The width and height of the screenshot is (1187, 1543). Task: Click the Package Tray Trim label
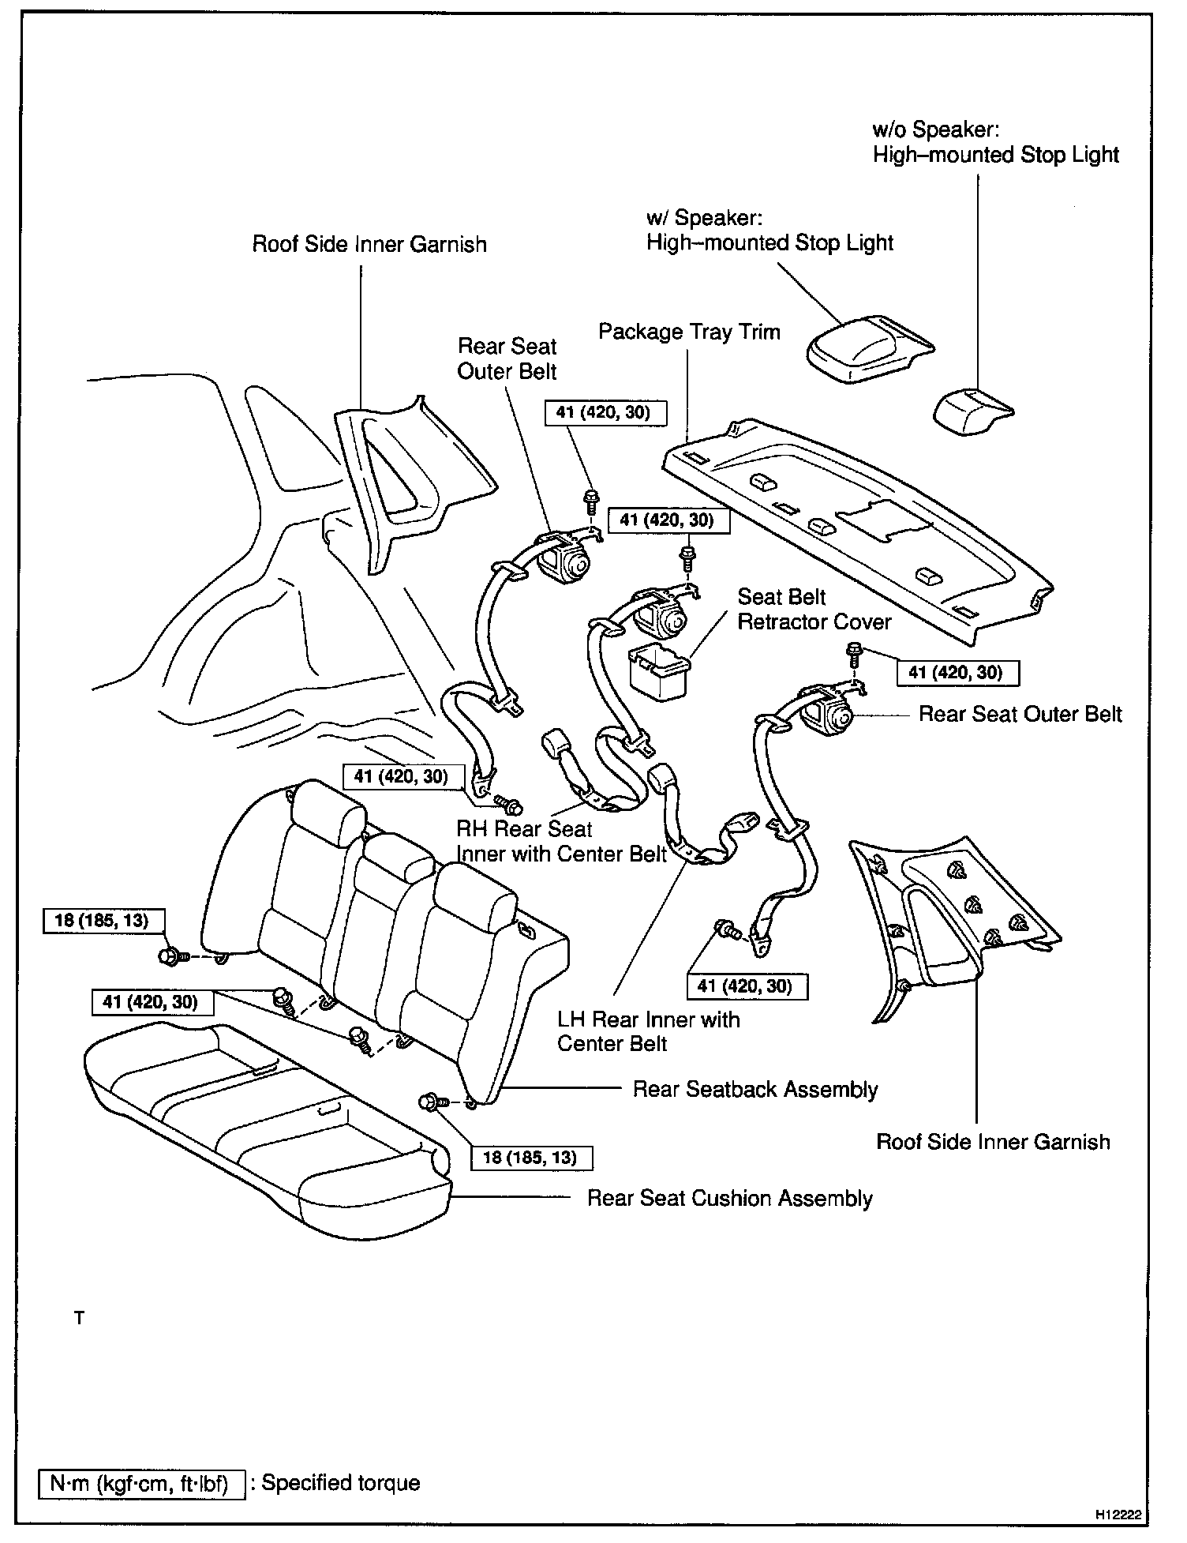(x=688, y=332)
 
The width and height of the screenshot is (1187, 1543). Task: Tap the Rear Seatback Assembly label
(x=755, y=1090)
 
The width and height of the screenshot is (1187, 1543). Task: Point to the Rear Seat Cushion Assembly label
(x=729, y=1199)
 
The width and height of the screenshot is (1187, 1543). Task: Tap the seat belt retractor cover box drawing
(x=657, y=670)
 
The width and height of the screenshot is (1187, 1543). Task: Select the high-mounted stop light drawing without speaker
(x=970, y=409)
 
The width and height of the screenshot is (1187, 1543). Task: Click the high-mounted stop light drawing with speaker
(x=866, y=348)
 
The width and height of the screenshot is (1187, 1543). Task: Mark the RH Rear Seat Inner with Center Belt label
(x=561, y=842)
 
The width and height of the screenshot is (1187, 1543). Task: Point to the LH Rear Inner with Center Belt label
(x=648, y=1031)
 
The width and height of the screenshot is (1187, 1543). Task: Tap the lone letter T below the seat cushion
(x=79, y=1319)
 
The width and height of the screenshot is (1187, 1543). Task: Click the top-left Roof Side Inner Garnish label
(x=369, y=244)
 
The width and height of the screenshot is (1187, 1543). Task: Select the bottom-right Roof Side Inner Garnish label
(x=993, y=1142)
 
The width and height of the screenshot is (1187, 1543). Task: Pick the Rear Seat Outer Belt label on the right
(x=1020, y=715)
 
